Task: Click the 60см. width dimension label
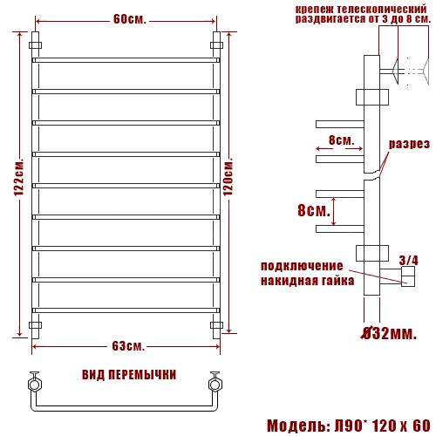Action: (x=129, y=19)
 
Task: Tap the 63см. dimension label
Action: (x=128, y=346)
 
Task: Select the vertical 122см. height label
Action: (x=19, y=177)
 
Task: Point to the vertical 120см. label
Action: (x=228, y=177)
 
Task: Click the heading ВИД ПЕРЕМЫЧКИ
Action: (x=129, y=375)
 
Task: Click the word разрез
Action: (x=409, y=144)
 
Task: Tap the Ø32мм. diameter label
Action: (x=389, y=333)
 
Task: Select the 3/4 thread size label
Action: (x=409, y=260)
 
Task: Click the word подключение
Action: (x=302, y=266)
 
